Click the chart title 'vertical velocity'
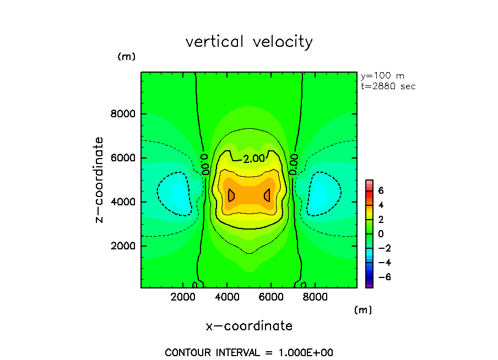click(249, 42)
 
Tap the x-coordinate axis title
click(249, 326)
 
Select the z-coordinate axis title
click(100, 180)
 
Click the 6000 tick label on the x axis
click(270, 297)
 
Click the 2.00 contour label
click(254, 159)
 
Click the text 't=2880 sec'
click(388, 86)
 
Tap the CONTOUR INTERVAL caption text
click(249, 352)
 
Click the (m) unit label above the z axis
click(126, 57)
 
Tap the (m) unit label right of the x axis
click(362, 310)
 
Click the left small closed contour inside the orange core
click(231, 195)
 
